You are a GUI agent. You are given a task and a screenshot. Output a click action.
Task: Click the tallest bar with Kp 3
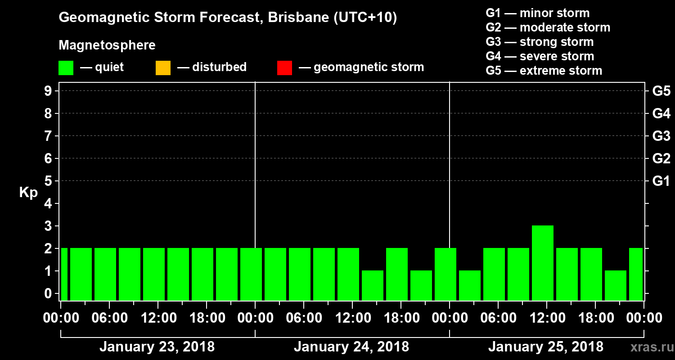tap(542, 263)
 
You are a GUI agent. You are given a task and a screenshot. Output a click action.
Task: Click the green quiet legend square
tap(66, 68)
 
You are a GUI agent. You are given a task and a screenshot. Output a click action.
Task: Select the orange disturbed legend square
tap(163, 68)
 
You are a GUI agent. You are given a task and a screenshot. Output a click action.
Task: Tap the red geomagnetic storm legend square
tap(284, 68)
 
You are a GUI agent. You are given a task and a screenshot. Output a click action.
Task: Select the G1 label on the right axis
tap(661, 181)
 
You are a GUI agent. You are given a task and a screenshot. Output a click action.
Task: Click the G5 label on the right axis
tap(661, 91)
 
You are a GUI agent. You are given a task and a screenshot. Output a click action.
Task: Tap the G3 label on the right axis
tap(661, 136)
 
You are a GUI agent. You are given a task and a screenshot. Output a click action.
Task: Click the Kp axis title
tap(28, 193)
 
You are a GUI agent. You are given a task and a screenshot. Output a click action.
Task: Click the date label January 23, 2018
tap(157, 347)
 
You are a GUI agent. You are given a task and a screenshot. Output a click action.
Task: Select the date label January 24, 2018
tap(351, 347)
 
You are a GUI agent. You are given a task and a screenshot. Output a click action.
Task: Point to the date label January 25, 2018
tap(545, 347)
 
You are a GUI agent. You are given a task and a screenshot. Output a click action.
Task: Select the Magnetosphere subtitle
tap(107, 45)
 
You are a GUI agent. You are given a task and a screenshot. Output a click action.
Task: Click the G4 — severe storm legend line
tap(540, 56)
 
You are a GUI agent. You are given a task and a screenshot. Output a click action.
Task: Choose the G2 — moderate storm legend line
tap(548, 27)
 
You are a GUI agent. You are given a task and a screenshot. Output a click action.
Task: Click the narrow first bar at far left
tap(64, 274)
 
